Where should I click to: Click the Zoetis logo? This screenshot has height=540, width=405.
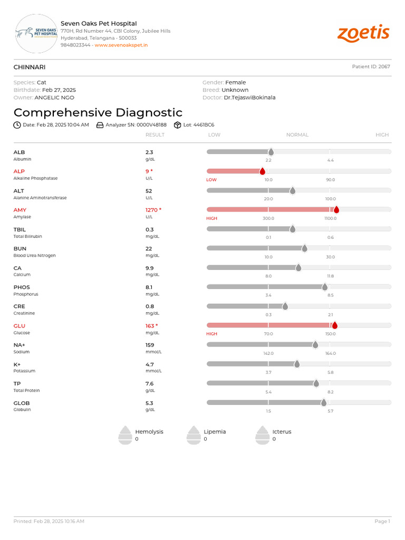point(363,33)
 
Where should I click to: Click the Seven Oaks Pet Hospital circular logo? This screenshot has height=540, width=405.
point(36,33)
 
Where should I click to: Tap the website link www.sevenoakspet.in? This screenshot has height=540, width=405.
point(121,45)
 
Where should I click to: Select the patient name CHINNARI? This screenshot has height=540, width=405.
point(30,67)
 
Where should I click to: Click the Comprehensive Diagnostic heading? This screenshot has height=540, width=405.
point(98,112)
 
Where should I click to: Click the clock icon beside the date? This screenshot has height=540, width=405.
point(17,125)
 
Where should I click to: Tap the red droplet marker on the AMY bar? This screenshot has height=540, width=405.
point(336,210)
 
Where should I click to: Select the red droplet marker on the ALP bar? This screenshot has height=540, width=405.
point(262,171)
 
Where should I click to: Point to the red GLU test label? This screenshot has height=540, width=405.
point(19,326)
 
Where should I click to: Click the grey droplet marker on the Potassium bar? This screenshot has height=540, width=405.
point(297,364)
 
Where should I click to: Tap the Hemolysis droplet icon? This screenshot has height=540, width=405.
point(125,435)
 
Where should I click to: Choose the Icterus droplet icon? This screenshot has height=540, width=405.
point(262,435)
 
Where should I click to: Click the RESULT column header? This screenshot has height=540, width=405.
point(155,135)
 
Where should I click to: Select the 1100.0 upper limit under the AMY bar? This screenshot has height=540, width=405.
point(330,218)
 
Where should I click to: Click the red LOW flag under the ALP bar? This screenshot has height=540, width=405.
point(211,180)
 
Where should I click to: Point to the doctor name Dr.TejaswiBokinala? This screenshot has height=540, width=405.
point(249,98)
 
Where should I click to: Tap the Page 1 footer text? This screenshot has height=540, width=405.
point(382,522)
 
